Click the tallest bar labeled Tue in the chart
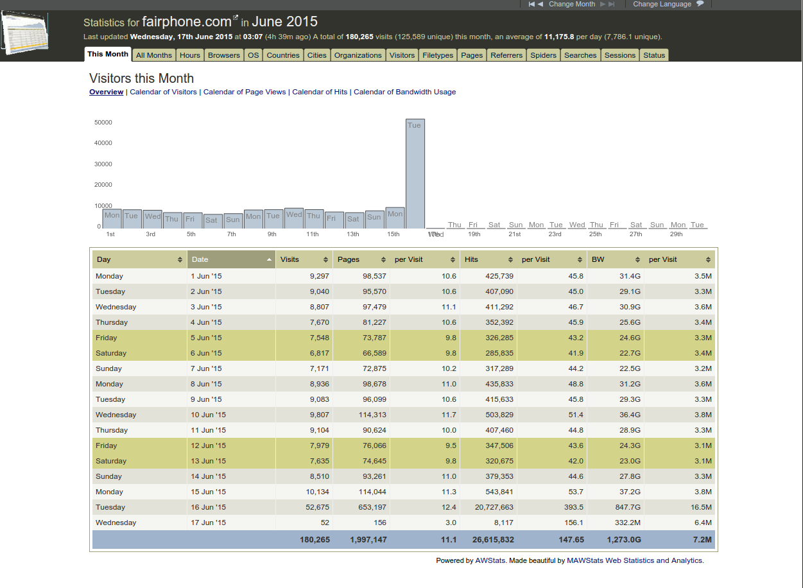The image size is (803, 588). pos(415,173)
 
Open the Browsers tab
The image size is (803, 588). pos(223,55)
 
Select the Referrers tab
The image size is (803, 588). pos(506,55)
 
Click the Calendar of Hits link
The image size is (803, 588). pos(320,92)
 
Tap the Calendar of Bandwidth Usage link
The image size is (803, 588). pos(405,92)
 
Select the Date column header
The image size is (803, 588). pos(231,259)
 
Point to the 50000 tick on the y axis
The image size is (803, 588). pos(103,122)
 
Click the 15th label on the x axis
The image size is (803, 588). pos(393,234)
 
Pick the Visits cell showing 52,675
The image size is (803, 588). pos(317,507)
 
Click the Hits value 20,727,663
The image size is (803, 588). pos(494,507)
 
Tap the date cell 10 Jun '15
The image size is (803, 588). pos(208,415)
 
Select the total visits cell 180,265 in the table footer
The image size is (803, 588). pos(315,540)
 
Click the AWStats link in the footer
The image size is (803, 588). pos(490,560)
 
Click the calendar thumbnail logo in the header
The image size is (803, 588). pos(24,33)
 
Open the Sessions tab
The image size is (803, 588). pos(620,55)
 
